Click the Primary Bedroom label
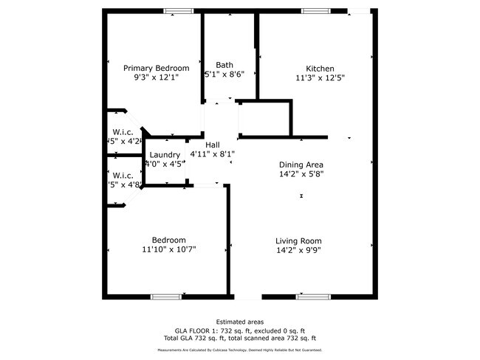coord(156,68)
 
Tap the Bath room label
coord(224,66)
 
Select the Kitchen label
coord(320,68)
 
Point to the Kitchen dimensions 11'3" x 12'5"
coord(320,77)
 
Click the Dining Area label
coord(301,165)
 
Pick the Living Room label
coord(298,241)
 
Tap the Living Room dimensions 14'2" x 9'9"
coord(298,250)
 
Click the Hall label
coord(213,145)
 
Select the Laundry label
coord(164,155)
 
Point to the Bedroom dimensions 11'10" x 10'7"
coord(169,249)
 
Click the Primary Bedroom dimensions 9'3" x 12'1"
coord(156,77)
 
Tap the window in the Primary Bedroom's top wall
coord(174,10)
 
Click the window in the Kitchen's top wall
coord(315,10)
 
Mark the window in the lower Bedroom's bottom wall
coord(165,297)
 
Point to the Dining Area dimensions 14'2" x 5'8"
coord(301,173)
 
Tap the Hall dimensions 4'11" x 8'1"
coord(213,153)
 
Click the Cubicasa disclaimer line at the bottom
coord(239,350)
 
